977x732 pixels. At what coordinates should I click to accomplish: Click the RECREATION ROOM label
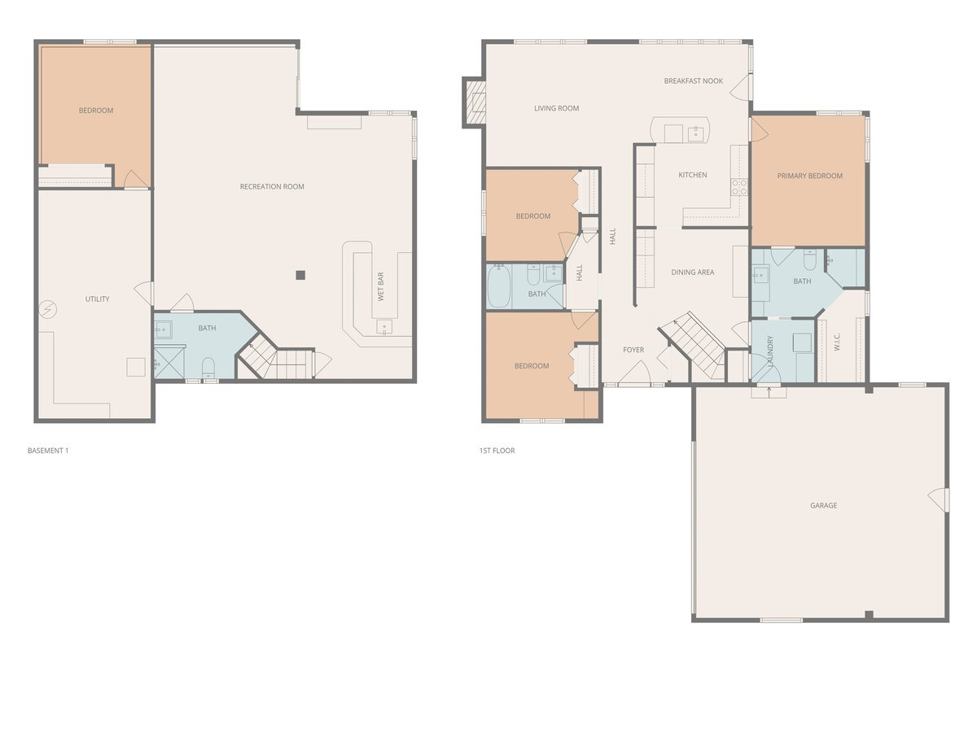pos(272,187)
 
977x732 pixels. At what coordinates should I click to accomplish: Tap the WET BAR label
pos(380,286)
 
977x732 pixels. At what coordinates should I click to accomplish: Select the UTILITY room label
pos(97,299)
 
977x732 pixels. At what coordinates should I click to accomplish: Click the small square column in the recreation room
pos(300,275)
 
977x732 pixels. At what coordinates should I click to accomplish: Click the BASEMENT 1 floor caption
pos(48,451)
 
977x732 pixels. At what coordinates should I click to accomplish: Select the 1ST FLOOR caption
pos(497,451)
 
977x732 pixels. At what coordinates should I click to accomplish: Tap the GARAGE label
pos(823,506)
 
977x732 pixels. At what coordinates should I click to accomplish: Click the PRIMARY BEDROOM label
pos(809,176)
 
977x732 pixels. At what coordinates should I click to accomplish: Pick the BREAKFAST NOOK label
pos(693,81)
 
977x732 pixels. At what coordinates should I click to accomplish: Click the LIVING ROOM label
pos(556,108)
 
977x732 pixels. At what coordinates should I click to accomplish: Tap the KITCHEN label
pos(692,175)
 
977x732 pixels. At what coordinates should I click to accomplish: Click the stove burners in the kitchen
pos(738,187)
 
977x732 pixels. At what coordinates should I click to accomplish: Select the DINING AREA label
pos(692,272)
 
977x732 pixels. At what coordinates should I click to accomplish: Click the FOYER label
pos(633,351)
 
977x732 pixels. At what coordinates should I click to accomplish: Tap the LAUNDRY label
pos(770,351)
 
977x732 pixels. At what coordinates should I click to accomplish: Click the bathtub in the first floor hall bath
pos(498,285)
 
